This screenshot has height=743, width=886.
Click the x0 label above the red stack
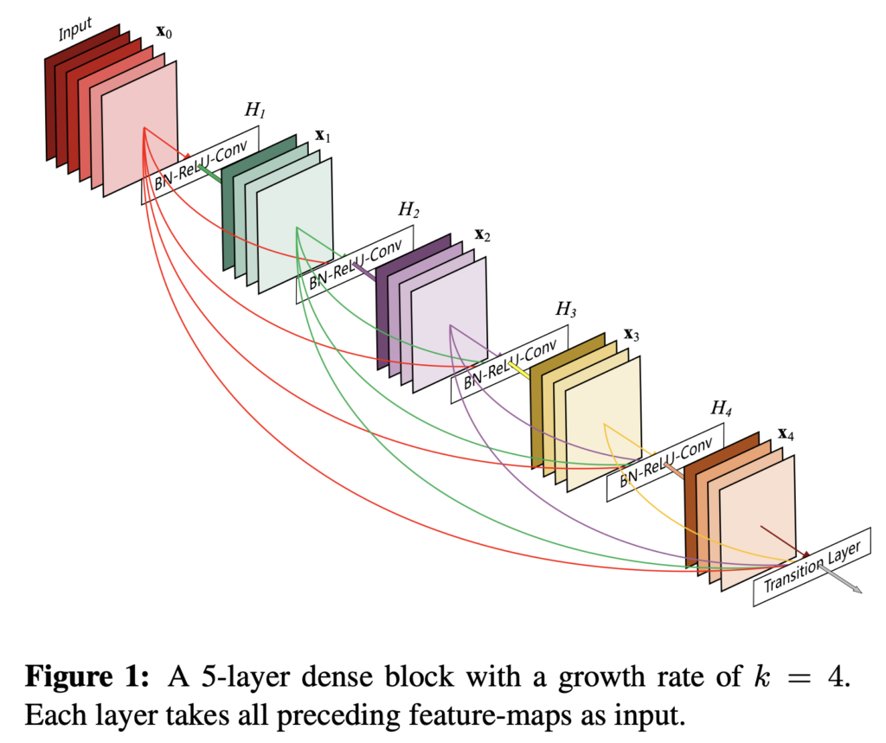pos(164,32)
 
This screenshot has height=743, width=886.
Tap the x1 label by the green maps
pos(323,136)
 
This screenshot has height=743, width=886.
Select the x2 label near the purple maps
pos(482,235)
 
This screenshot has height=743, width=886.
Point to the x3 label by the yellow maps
pos(631,335)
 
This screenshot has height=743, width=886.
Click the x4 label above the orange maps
pos(786,434)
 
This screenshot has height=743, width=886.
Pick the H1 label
pos(255,110)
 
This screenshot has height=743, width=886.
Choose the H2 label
pos(408,209)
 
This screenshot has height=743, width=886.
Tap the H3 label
pos(566,309)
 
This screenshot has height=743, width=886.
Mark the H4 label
pos(721,408)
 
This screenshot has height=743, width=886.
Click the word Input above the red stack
pos(75,29)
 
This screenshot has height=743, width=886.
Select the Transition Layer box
pos(812,567)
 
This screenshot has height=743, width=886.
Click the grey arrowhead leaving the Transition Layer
pos(857,590)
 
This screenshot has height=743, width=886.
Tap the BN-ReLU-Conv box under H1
pos(201,165)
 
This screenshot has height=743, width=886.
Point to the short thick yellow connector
pos(519,370)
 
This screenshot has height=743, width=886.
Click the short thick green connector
pos(209,174)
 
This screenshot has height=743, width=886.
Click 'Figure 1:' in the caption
pos(87,676)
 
